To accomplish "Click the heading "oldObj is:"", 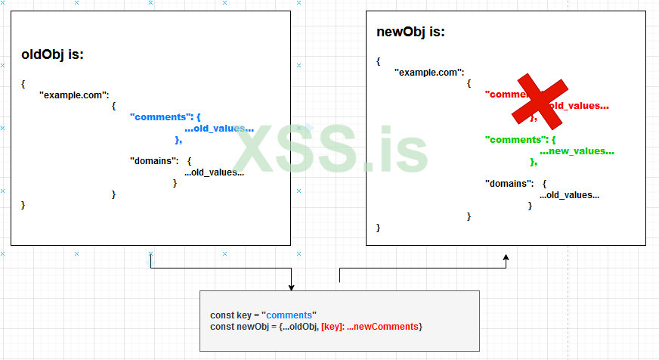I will coord(52,55).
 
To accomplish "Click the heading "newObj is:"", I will coord(410,33).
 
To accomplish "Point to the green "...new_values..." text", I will coord(577,151).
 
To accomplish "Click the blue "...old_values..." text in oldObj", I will coord(218,129).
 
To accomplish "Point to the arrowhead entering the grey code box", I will coord(291,287).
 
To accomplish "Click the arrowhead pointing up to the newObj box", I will coord(506,258).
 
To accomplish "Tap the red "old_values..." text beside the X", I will coord(579,105).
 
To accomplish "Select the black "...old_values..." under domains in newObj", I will coord(569,195).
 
